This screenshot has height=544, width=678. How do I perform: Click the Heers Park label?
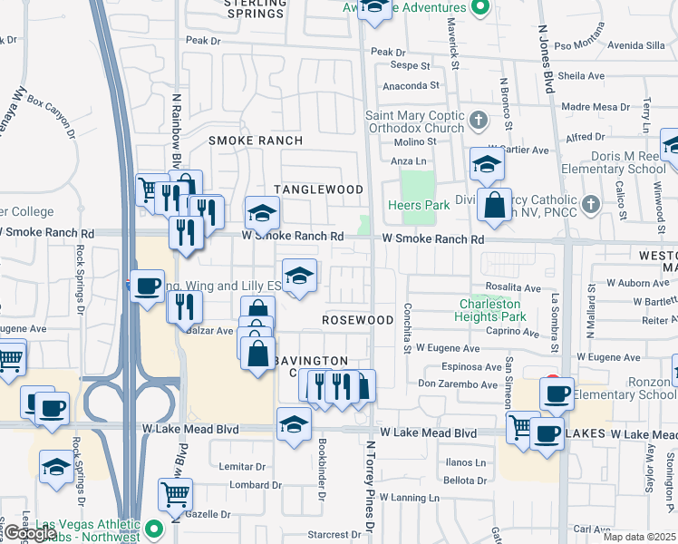point(425,206)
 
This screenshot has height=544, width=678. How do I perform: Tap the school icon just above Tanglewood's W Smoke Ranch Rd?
point(263,214)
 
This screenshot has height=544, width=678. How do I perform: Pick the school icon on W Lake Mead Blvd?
point(294,425)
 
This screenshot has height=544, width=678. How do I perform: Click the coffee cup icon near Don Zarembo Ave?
point(556,394)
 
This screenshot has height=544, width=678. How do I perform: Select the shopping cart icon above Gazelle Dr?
point(175,494)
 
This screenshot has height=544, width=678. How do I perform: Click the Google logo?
point(29,534)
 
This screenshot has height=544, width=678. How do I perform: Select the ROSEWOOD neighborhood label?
point(358,320)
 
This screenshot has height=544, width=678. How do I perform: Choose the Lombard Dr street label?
point(249,485)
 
